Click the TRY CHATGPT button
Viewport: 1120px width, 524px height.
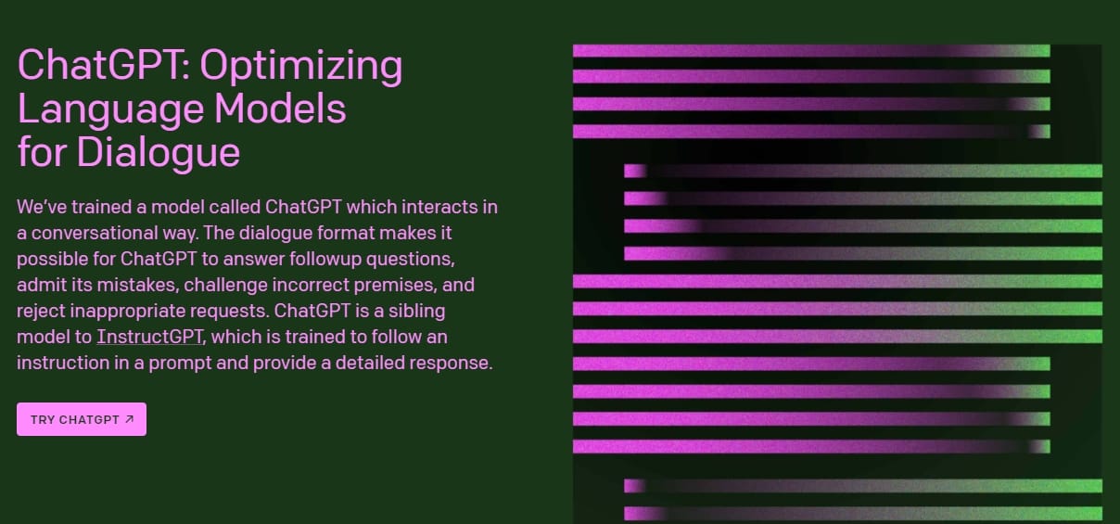coord(82,419)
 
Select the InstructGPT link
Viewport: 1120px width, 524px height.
coord(150,337)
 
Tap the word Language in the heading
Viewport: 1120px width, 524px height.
coord(110,110)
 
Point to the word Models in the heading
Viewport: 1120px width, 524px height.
coord(280,109)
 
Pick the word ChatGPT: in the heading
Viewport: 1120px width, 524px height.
coord(104,65)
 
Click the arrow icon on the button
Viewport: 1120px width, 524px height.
coord(130,419)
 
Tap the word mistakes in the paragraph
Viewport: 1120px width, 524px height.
coord(137,285)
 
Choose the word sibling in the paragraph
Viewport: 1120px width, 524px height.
coord(416,312)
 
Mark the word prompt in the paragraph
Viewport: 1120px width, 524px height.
coord(180,364)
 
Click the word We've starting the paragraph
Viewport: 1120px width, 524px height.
coord(42,207)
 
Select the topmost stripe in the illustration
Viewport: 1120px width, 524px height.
coord(811,50)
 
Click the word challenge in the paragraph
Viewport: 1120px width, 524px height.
coord(225,286)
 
